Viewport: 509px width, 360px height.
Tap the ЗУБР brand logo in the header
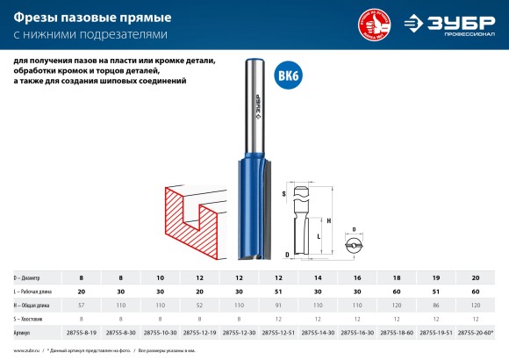coord(457,23)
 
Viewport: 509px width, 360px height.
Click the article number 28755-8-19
coord(80,332)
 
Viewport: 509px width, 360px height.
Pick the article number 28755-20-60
coord(475,332)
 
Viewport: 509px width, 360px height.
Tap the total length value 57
coord(80,304)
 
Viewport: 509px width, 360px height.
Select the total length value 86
coord(436,304)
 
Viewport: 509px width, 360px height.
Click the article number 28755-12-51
coord(278,332)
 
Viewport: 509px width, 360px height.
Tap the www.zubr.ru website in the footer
coord(29,351)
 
